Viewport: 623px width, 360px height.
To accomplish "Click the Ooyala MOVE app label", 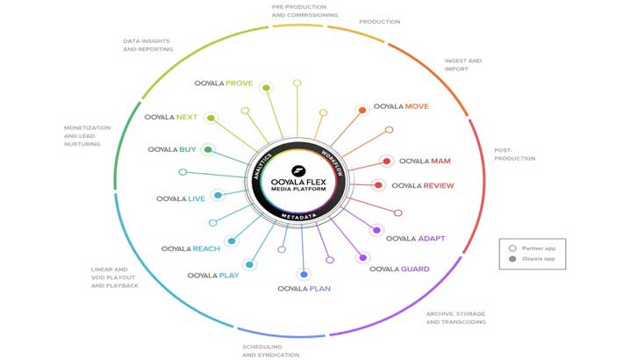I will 401,107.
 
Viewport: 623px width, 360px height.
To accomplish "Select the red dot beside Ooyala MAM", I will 387,162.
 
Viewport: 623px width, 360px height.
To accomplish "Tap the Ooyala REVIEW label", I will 423,186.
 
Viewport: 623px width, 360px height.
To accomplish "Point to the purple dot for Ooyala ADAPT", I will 376,231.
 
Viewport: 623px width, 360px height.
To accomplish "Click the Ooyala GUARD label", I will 399,269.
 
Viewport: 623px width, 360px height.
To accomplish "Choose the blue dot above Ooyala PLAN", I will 304,275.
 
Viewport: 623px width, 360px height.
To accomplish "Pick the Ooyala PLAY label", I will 213,276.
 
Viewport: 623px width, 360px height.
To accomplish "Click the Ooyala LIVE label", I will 181,199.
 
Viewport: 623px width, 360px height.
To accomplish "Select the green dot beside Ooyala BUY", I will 208,150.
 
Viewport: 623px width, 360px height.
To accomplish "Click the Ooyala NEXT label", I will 171,117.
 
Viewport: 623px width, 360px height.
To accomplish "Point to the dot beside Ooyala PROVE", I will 266,87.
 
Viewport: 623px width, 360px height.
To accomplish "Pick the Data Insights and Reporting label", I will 148,45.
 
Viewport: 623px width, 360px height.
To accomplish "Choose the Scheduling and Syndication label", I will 271,350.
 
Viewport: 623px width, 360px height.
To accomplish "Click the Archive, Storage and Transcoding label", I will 456,318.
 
